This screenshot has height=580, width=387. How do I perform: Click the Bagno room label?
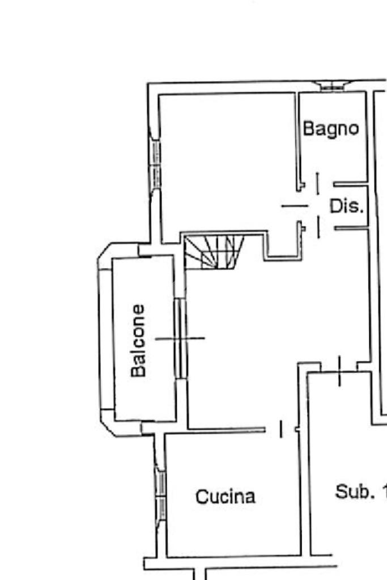tap(331, 129)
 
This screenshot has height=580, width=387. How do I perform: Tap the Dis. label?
tap(346, 206)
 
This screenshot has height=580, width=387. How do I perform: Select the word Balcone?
tap(138, 340)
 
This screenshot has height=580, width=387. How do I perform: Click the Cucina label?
tap(225, 497)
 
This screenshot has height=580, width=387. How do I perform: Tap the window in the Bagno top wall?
tap(331, 87)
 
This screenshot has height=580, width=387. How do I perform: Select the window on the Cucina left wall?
tap(160, 491)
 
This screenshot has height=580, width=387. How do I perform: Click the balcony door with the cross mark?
tap(180, 338)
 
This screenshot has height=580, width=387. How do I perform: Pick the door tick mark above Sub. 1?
tap(339, 371)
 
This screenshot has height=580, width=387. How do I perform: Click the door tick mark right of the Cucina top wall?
tap(282, 429)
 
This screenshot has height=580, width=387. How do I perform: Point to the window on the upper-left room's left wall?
tap(155, 162)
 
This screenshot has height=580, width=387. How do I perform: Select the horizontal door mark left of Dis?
tap(295, 206)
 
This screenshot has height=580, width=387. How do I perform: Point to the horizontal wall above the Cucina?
tap(227, 429)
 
